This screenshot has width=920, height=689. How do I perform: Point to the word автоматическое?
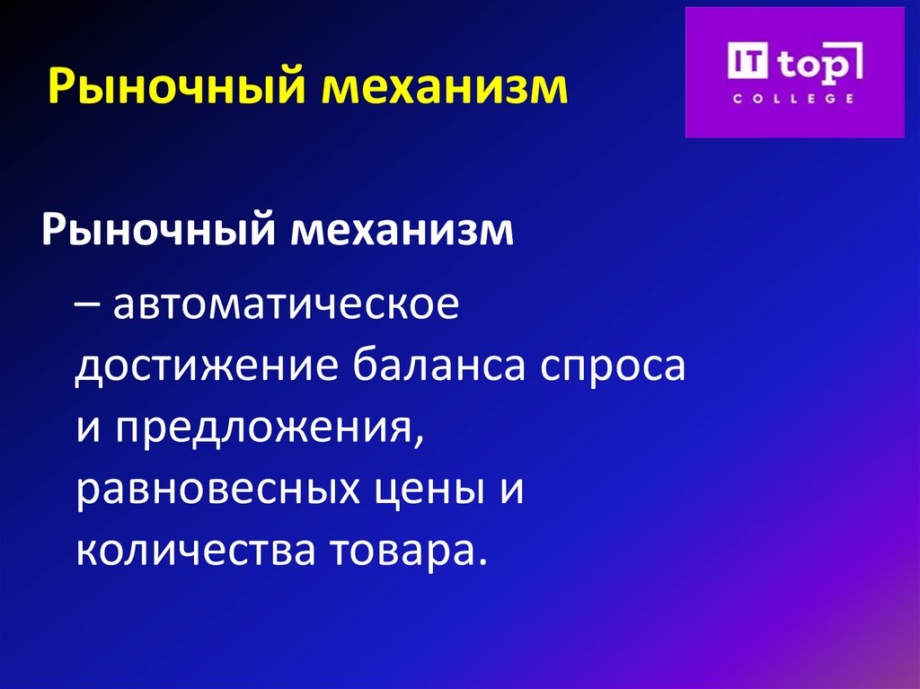click(287, 306)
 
